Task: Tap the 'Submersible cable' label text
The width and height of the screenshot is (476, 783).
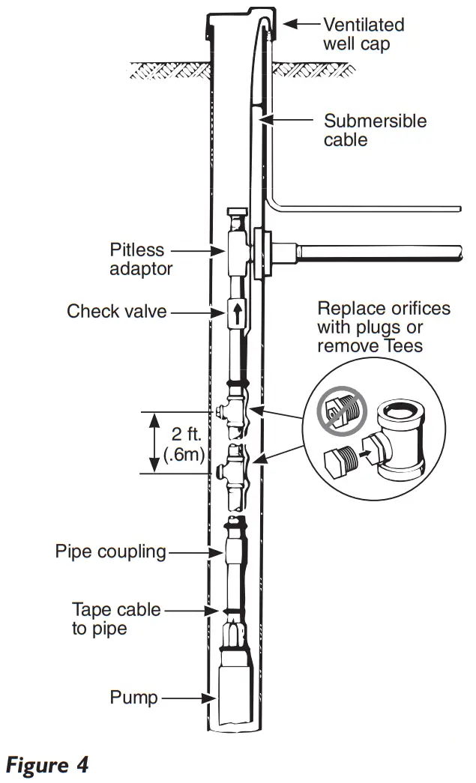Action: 375,130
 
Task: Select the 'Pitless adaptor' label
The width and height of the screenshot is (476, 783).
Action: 141,259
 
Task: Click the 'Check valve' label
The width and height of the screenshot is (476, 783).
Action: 117,311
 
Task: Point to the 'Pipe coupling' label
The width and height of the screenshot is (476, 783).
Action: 110,552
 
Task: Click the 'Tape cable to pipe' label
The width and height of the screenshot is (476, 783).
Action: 116,619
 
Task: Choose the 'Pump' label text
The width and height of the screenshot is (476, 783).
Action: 134,698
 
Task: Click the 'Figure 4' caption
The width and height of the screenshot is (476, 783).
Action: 47,765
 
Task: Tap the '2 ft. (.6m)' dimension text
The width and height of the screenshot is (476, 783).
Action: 184,443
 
